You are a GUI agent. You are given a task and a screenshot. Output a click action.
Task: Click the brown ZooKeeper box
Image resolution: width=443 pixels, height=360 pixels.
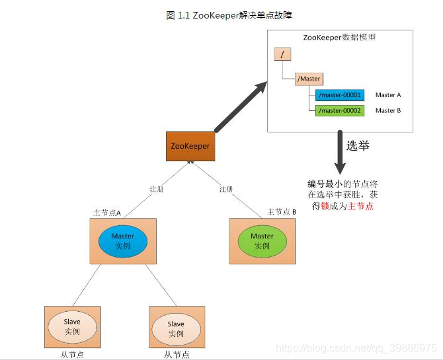190,146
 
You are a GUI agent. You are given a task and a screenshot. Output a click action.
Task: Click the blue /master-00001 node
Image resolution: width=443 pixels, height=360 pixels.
339,95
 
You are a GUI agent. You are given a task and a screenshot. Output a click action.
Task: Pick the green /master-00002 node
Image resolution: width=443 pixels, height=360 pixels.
339,110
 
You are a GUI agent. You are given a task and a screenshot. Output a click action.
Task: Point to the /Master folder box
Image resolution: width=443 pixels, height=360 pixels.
309,79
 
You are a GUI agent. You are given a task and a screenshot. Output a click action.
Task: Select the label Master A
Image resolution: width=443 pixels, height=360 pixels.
388,95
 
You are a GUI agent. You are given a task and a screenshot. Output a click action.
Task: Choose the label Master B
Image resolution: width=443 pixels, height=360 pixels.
388,110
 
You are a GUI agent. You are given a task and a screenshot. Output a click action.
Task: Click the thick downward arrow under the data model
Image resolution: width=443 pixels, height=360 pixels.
340,151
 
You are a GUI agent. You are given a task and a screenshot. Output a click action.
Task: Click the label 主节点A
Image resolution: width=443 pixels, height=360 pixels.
106,212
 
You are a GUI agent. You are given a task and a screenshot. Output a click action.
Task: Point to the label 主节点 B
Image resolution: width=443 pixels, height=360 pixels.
281,211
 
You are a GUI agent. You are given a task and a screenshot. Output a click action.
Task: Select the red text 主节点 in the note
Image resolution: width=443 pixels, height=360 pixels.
360,207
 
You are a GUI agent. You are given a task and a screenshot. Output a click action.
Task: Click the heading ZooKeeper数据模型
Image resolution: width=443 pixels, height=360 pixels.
339,37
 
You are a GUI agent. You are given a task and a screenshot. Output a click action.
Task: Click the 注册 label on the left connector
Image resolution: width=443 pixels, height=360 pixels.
157,190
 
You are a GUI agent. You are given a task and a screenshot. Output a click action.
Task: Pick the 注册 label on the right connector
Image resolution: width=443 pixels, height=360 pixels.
227,190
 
